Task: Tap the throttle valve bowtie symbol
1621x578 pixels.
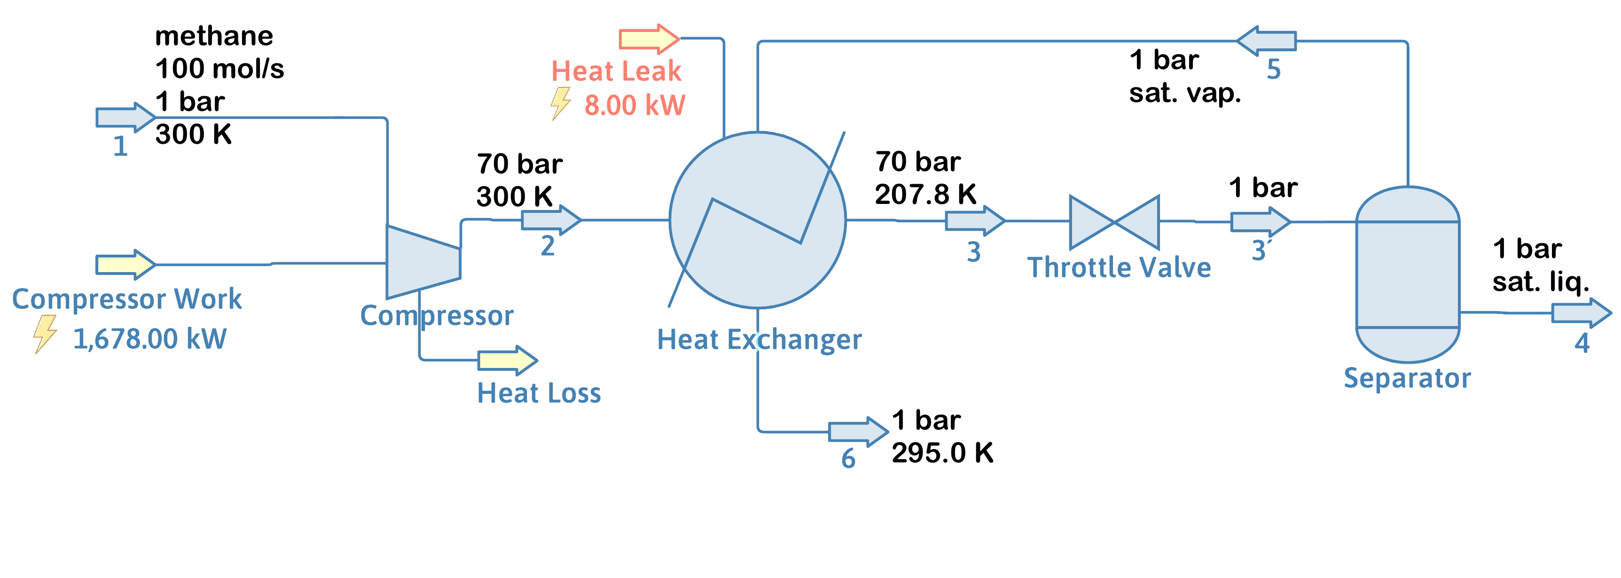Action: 1114,222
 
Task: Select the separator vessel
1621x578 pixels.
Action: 1407,274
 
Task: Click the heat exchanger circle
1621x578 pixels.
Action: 758,220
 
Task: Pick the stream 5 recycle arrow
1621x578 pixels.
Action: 1266,41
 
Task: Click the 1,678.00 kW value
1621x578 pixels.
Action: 150,339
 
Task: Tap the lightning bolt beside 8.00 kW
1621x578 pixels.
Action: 560,104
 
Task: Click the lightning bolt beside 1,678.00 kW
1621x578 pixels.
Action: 45,334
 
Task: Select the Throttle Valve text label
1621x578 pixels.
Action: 1119,268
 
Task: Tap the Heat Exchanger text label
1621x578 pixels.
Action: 759,340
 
